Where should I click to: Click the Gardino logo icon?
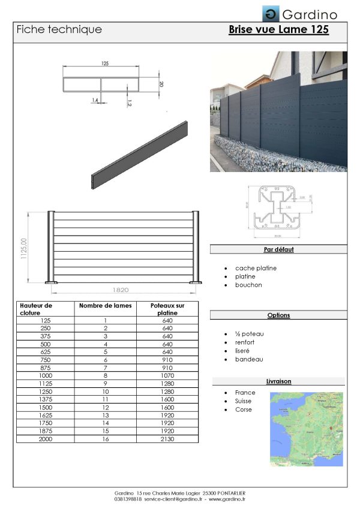(x=270, y=13)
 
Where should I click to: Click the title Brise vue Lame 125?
(x=278, y=29)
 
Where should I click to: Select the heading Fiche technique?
(x=59, y=29)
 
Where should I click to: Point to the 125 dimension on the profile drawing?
(x=105, y=63)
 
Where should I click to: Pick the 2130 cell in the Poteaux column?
(x=167, y=438)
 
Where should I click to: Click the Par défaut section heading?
(x=278, y=249)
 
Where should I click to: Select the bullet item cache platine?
(x=256, y=268)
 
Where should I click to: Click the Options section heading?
(x=278, y=315)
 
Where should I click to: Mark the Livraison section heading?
(x=278, y=381)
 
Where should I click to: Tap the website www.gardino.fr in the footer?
(x=227, y=499)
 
